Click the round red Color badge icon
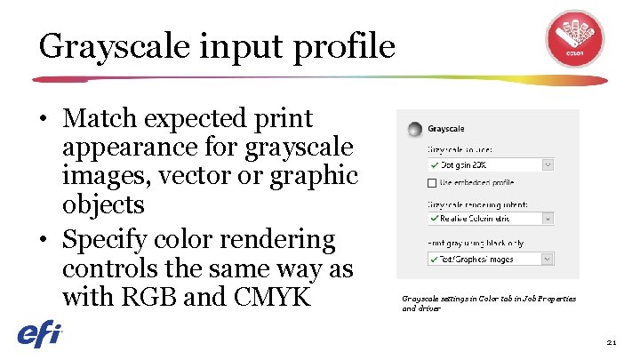click(x=574, y=39)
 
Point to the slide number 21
click(x=612, y=341)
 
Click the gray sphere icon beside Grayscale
click(x=414, y=130)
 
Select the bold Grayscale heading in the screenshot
click(x=446, y=130)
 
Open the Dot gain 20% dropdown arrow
click(x=548, y=164)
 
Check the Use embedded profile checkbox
click(x=432, y=184)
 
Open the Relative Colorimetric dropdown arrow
click(x=548, y=218)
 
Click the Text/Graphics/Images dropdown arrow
click(x=548, y=260)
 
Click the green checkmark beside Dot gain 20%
click(x=433, y=164)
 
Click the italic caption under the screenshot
click(x=488, y=303)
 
